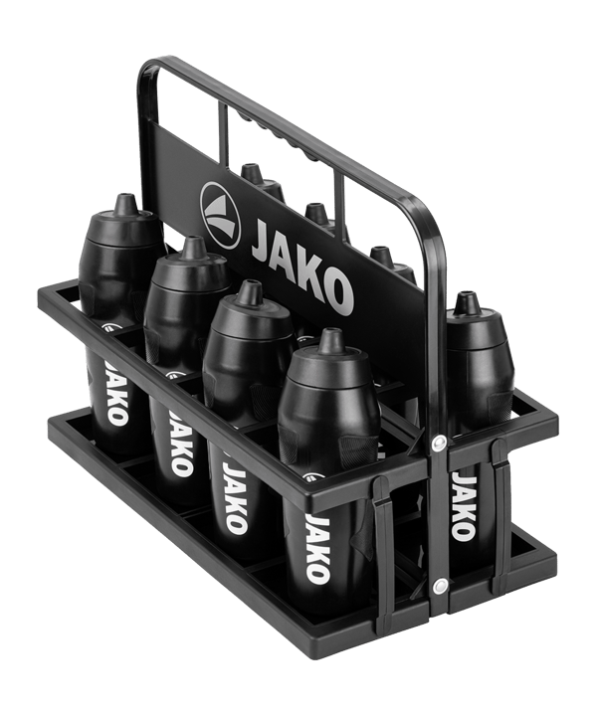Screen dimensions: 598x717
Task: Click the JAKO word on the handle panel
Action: point(302,267)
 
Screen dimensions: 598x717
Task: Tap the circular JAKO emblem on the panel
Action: point(220,215)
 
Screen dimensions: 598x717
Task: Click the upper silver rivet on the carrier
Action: point(440,442)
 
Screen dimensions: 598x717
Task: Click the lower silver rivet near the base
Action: point(440,585)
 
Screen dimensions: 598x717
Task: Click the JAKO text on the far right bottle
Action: point(465,506)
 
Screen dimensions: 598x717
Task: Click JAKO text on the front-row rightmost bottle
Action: point(317,548)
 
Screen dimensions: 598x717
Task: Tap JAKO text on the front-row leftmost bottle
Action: point(115,393)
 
